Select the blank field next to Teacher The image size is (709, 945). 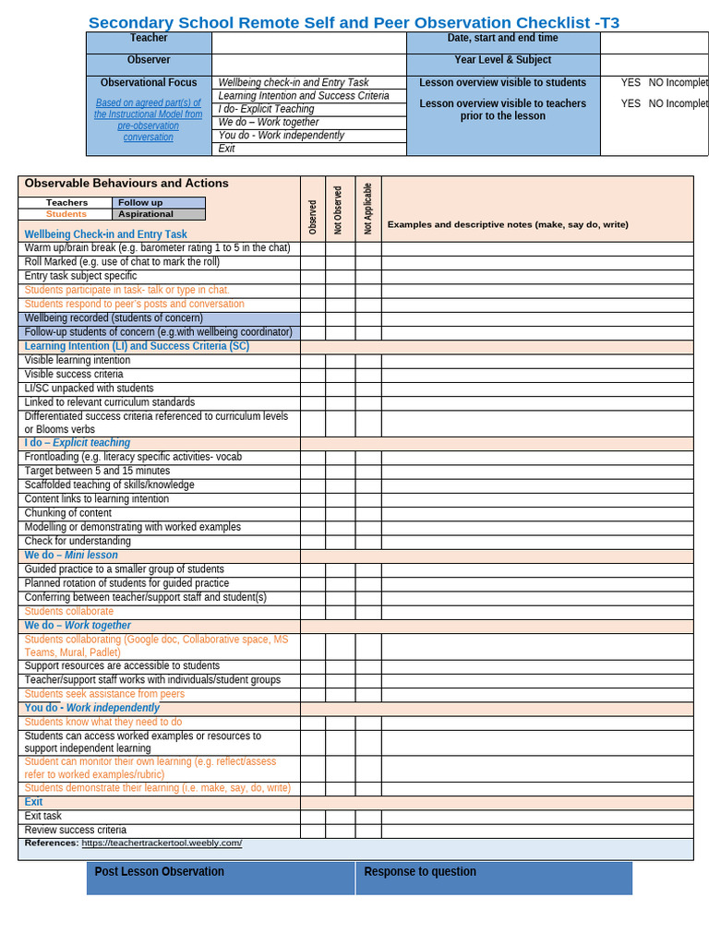tap(308, 42)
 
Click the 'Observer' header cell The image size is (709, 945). tap(149, 60)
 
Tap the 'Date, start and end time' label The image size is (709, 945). tap(502, 38)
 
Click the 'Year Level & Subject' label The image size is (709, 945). tap(502, 60)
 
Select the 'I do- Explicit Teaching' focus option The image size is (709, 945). tap(266, 109)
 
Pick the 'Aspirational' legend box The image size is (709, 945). tap(159, 214)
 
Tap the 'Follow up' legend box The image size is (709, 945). tap(159, 202)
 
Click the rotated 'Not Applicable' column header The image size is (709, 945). tap(368, 209)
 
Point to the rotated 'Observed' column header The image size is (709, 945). tap(313, 217)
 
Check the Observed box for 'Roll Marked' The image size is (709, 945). tap(312, 262)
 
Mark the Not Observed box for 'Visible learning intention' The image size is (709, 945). tap(340, 361)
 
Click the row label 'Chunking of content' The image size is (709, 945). tap(68, 513)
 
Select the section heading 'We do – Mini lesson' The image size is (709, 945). tap(71, 556)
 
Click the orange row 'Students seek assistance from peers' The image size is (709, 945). tap(104, 694)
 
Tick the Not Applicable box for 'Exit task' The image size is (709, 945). tap(368, 817)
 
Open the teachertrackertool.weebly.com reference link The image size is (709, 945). tap(162, 843)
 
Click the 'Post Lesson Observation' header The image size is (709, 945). tap(159, 871)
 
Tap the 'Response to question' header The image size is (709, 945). tap(420, 871)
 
